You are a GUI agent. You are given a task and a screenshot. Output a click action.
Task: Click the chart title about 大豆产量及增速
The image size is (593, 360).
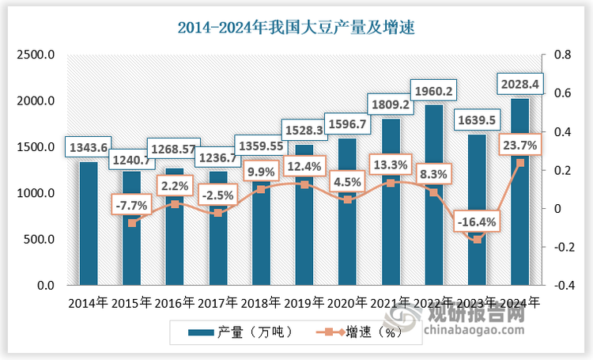coord(296,28)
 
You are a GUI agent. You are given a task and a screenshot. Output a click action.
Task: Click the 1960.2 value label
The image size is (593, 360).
coord(432,92)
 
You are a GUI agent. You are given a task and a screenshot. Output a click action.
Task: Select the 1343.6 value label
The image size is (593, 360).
coord(89,148)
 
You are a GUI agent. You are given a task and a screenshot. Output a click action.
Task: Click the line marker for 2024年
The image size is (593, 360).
coord(519,163)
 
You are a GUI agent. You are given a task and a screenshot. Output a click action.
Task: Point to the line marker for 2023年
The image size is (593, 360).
coord(477,239)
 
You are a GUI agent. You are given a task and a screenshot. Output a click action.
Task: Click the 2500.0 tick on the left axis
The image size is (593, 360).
coord(36,55)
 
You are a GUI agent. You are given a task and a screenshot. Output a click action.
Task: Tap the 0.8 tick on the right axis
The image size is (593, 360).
coord(562,55)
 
